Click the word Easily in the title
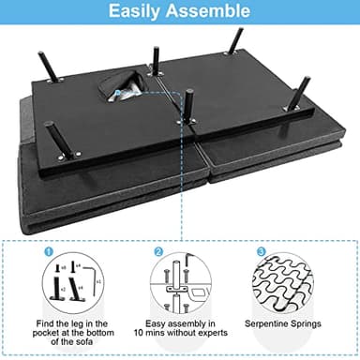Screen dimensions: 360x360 pos(140,12)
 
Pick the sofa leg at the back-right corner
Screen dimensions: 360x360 pos(234,42)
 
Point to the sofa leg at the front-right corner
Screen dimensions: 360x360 pos(301,94)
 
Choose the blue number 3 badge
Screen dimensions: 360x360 pos(260,252)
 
